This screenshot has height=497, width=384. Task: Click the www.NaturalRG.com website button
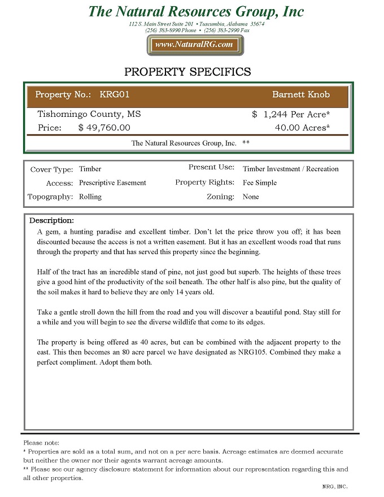(x=194, y=45)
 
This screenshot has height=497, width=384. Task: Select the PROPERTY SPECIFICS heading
(x=187, y=72)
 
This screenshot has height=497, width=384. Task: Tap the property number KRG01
(x=114, y=94)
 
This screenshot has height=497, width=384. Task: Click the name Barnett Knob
(x=300, y=94)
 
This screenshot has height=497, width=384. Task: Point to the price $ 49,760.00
(x=104, y=128)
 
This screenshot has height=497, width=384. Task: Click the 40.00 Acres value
(x=302, y=128)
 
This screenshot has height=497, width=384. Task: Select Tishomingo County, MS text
(x=89, y=114)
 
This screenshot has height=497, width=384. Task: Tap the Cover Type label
(x=51, y=169)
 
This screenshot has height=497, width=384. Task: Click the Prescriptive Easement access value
(x=112, y=183)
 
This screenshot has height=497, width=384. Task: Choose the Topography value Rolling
(x=90, y=197)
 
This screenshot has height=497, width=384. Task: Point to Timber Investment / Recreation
(x=290, y=169)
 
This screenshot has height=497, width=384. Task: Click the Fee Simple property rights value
(x=260, y=183)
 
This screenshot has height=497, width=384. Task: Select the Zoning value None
(x=251, y=197)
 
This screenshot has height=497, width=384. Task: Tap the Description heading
(x=51, y=220)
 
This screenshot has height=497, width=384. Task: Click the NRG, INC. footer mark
(x=335, y=486)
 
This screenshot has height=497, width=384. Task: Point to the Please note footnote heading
(x=41, y=443)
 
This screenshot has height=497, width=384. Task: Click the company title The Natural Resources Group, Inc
(x=196, y=11)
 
